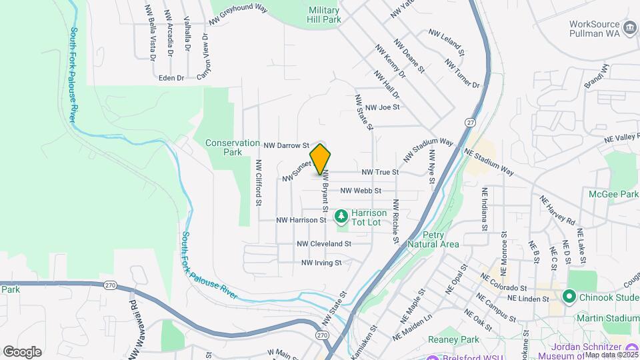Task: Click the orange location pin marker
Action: tap(321, 159)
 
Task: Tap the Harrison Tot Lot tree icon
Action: tap(341, 215)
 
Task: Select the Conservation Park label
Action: tap(233, 147)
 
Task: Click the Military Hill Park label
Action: tap(325, 15)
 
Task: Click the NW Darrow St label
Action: tap(287, 145)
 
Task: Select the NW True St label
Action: tap(380, 172)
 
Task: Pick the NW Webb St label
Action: tap(361, 191)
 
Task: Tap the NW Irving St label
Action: tap(321, 263)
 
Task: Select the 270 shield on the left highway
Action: tap(110, 285)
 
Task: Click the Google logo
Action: tap(22, 352)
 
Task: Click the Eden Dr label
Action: tap(171, 78)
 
